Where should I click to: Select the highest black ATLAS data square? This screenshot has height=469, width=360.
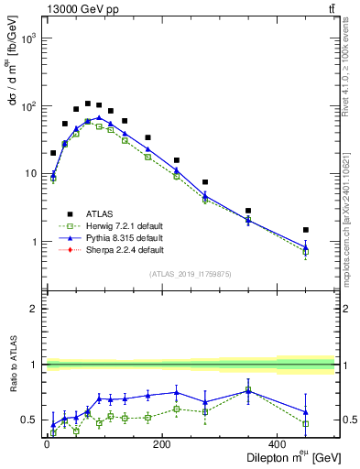(88, 104)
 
